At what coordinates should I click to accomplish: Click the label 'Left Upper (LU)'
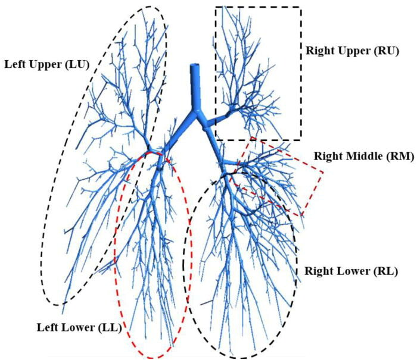(x=46, y=64)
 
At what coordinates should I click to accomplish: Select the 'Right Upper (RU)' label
(x=351, y=51)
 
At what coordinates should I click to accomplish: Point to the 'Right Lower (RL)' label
(x=347, y=270)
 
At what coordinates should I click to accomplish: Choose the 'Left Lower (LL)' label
(x=79, y=327)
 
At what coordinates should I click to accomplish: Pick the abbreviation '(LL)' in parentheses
(x=111, y=327)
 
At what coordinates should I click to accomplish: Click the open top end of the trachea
(x=195, y=67)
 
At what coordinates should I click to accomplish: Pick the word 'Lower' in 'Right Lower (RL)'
(x=348, y=270)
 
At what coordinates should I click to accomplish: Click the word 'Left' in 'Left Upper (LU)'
(x=16, y=64)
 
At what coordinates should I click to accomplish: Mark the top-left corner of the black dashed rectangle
(x=215, y=7)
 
